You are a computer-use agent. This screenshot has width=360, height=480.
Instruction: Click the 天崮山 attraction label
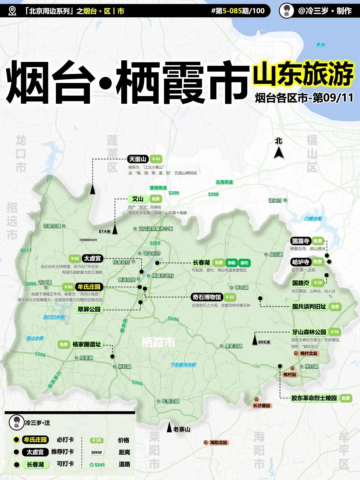(138, 159)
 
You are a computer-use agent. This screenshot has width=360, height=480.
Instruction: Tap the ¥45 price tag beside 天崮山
(156, 159)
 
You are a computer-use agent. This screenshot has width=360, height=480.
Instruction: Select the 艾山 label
(138, 199)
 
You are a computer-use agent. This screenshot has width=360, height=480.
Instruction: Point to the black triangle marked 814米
(115, 230)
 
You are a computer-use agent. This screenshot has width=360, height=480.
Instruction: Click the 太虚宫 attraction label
(92, 258)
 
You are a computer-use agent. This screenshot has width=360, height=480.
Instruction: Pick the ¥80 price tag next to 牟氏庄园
(68, 287)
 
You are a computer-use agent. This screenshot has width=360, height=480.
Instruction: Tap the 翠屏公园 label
(89, 309)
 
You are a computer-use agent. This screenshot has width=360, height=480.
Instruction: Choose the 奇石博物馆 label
(207, 297)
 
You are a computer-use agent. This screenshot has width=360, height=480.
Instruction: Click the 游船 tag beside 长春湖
(231, 263)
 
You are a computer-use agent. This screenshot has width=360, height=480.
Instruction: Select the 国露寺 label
(301, 241)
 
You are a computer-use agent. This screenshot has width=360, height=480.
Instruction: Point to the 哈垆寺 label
(301, 262)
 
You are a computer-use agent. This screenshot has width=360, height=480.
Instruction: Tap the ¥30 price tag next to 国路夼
(318, 283)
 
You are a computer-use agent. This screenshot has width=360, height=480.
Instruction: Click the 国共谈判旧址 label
(309, 307)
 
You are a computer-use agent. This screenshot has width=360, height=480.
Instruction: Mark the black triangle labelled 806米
(255, 340)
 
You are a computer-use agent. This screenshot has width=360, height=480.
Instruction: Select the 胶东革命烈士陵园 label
(314, 398)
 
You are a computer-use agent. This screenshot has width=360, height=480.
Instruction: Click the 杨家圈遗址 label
(87, 344)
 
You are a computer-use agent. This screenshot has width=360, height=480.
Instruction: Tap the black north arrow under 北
(279, 153)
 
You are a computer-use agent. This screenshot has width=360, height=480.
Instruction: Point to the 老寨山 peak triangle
(169, 428)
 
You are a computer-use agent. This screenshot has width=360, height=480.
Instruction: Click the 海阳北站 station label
(218, 443)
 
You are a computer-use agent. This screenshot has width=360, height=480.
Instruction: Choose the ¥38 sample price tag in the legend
(96, 440)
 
